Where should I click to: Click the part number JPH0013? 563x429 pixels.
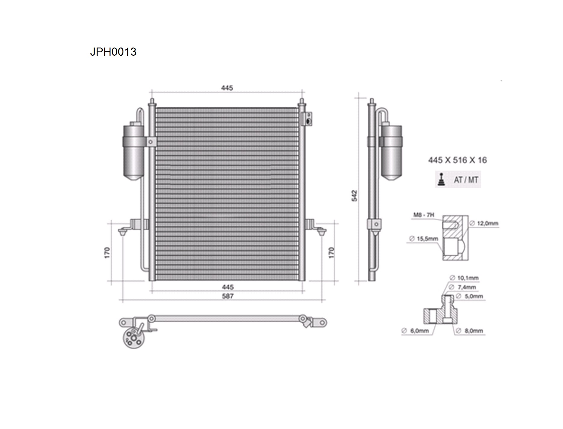tap(113, 52)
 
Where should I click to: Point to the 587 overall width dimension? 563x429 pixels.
tap(228, 296)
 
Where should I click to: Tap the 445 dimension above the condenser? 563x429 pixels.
tap(227, 88)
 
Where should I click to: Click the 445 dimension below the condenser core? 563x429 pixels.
tap(228, 287)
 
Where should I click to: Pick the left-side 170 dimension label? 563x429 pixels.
tap(107, 253)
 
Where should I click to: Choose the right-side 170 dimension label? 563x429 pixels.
tap(331, 253)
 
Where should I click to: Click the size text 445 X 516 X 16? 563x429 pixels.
tap(457, 160)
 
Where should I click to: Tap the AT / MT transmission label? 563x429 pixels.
tap(466, 180)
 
